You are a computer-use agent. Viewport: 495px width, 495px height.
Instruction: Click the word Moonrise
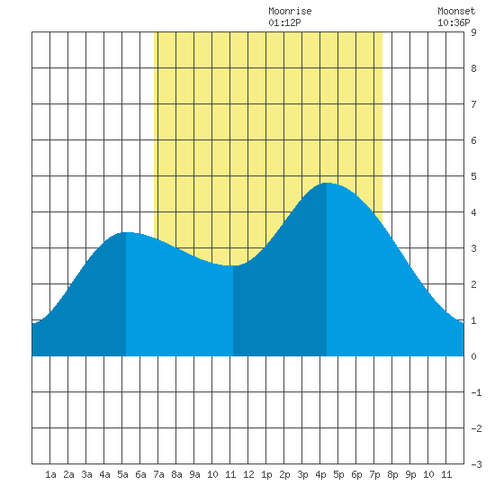click(x=290, y=11)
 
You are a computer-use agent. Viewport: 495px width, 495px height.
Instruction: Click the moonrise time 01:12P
click(x=284, y=22)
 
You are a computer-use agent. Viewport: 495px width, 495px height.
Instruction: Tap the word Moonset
click(x=456, y=11)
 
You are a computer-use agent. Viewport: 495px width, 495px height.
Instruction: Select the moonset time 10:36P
click(x=454, y=22)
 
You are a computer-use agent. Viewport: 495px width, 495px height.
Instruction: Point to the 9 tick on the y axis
click(x=473, y=32)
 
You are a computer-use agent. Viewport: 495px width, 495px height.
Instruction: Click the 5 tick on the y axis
click(x=473, y=176)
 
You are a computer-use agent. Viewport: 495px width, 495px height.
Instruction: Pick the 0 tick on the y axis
click(x=473, y=356)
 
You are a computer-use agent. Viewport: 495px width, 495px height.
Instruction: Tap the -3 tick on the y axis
click(x=476, y=464)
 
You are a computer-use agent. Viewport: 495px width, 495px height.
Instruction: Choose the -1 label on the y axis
click(x=476, y=392)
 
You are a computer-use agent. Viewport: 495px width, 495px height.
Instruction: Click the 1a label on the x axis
click(x=50, y=474)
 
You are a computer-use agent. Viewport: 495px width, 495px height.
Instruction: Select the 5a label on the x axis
click(x=122, y=474)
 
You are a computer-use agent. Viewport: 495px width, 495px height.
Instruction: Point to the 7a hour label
click(x=158, y=474)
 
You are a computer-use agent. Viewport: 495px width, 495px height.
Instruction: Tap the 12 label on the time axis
click(x=248, y=474)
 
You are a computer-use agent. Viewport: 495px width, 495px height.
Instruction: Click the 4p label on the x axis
click(x=320, y=474)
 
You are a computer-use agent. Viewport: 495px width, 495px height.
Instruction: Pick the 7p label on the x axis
click(x=374, y=474)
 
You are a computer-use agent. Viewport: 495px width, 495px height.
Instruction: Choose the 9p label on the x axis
click(x=410, y=474)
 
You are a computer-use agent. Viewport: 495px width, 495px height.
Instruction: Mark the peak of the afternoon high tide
click(x=327, y=183)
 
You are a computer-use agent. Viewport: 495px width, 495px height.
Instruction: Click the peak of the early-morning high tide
click(x=126, y=232)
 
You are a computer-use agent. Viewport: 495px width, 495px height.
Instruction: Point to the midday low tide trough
click(x=233, y=265)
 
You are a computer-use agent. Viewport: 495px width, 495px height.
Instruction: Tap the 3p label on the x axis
click(x=302, y=474)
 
